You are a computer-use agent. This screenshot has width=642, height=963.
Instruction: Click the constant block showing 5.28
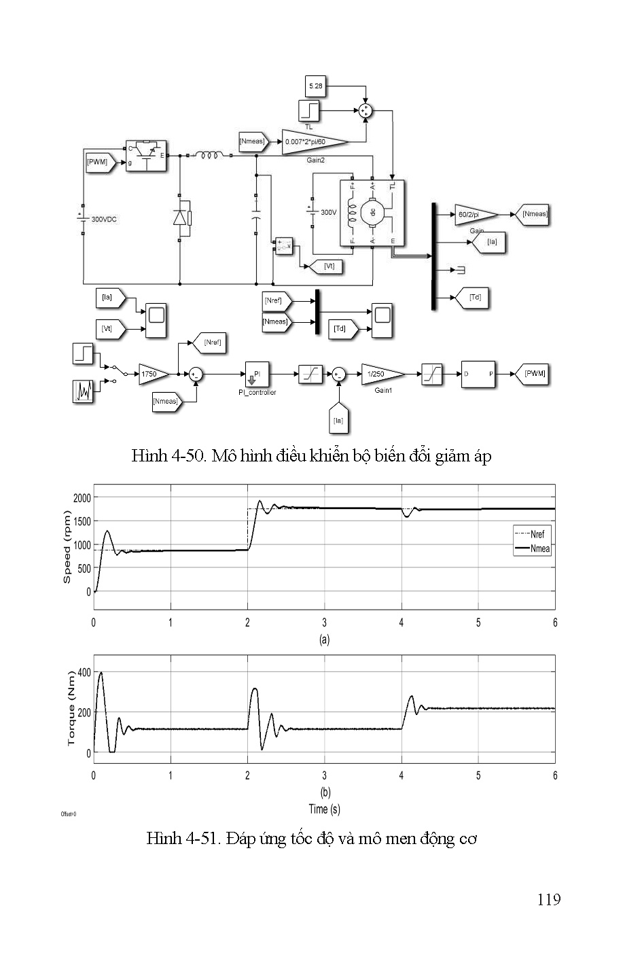click(317, 86)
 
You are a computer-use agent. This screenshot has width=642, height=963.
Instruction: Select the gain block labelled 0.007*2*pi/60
click(313, 141)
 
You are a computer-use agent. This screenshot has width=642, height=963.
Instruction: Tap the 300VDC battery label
click(104, 220)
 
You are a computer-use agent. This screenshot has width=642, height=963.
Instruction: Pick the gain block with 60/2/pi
click(475, 214)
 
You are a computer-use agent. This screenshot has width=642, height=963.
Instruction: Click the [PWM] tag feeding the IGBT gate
click(99, 162)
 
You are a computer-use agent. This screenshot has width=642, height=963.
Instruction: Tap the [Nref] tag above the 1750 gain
click(210, 343)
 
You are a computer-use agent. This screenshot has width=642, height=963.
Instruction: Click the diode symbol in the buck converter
click(180, 217)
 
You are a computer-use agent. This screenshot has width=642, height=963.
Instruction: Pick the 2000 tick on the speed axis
click(82, 497)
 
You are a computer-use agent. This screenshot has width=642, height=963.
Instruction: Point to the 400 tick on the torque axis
click(84, 673)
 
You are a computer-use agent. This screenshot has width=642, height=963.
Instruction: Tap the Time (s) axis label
click(324, 809)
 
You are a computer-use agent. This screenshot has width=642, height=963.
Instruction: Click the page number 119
click(548, 900)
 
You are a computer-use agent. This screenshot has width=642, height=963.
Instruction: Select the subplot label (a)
click(324, 640)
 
